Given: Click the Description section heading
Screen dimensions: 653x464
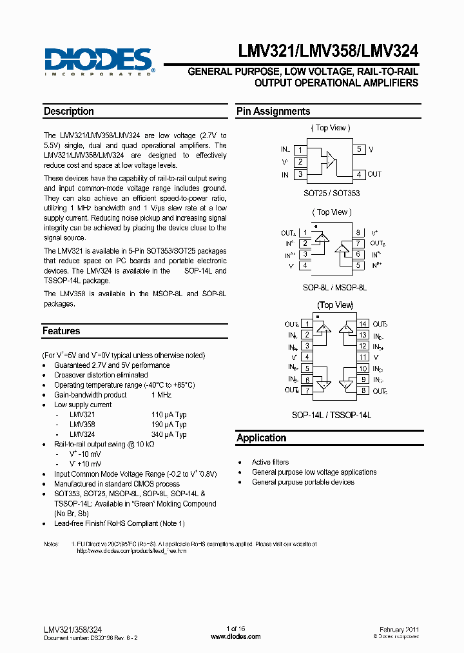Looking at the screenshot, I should click(x=69, y=111).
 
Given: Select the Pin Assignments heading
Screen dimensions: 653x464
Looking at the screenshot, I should click(x=273, y=111).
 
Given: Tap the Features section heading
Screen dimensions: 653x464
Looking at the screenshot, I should click(x=62, y=331).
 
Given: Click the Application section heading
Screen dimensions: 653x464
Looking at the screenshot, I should click(x=261, y=437).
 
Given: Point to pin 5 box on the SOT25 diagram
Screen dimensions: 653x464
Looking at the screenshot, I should click(x=360, y=149).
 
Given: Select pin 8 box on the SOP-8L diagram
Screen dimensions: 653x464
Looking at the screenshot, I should click(x=358, y=233).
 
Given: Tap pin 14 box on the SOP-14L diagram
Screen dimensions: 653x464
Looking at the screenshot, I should click(x=363, y=324).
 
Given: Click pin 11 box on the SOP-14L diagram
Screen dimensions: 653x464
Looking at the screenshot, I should click(x=363, y=357).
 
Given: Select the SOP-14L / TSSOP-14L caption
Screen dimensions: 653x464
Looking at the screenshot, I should click(x=336, y=415).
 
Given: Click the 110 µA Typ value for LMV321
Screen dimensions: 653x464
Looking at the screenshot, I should click(x=169, y=415).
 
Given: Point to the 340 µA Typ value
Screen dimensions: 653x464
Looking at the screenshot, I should click(x=169, y=434).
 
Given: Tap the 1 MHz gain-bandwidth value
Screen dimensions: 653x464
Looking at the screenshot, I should click(x=161, y=395).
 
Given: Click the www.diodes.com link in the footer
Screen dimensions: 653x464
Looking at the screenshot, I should click(x=236, y=637).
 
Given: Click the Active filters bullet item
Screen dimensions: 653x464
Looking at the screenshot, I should click(x=270, y=462).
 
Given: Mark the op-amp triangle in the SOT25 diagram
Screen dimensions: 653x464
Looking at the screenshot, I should click(x=331, y=158).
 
